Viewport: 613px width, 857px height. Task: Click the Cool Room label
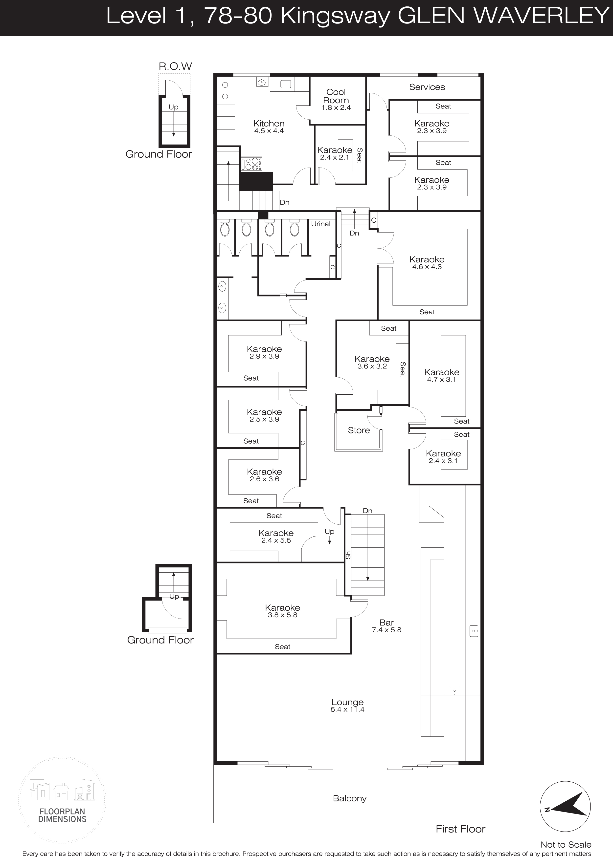tap(336, 96)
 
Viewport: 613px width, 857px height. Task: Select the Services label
tap(427, 87)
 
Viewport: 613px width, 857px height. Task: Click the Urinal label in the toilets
tap(320, 224)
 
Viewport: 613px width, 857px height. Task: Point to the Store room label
tap(359, 430)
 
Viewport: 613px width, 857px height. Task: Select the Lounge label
tap(347, 702)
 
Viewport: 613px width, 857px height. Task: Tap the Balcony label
tap(350, 798)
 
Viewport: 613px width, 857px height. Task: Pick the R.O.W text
tap(175, 66)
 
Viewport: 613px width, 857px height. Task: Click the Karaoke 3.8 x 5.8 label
tap(282, 611)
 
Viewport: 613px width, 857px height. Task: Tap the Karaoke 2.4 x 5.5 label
tap(276, 536)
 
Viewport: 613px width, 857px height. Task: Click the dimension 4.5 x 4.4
tap(269, 131)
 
